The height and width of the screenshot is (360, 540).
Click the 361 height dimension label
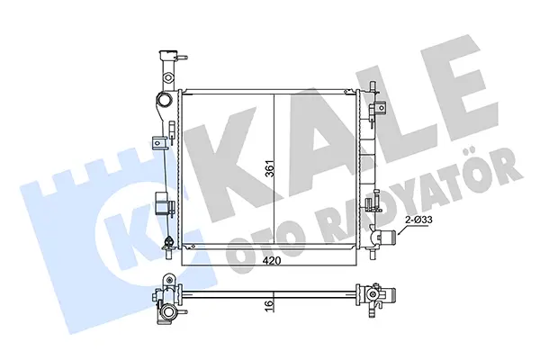[270, 169]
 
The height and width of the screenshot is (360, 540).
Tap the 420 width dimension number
[272, 261]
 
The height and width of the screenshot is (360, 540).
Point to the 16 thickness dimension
[270, 304]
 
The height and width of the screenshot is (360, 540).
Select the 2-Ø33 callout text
[418, 220]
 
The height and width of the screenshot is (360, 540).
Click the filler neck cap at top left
[168, 54]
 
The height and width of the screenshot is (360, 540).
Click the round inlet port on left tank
[164, 100]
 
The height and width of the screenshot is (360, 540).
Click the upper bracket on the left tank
[159, 143]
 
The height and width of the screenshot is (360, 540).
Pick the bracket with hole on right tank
[380, 108]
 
